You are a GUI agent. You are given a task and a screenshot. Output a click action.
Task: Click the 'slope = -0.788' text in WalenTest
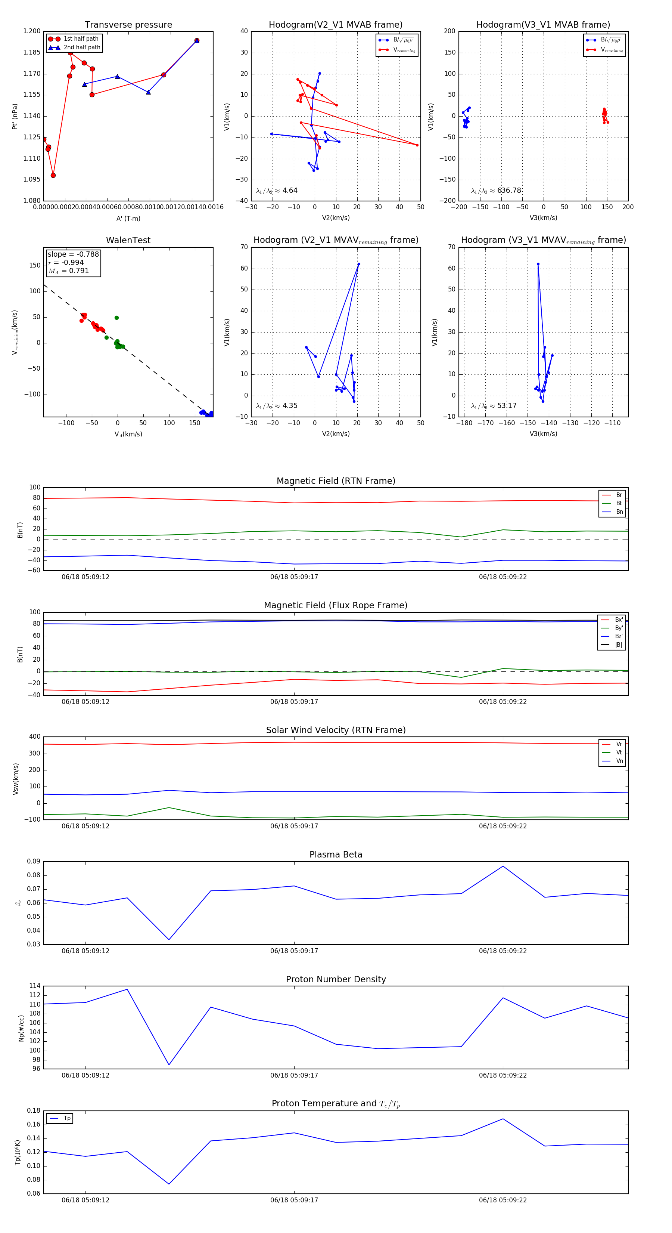(73, 254)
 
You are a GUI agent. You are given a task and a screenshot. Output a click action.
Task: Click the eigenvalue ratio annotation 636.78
(509, 191)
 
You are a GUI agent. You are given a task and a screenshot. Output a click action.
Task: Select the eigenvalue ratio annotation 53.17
(507, 406)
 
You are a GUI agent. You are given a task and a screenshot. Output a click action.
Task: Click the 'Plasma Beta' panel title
(336, 855)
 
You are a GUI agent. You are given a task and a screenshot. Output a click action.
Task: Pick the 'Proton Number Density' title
(336, 979)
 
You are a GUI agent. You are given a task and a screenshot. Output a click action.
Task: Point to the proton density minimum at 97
(169, 1065)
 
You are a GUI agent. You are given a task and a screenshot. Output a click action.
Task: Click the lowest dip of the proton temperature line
(169, 1184)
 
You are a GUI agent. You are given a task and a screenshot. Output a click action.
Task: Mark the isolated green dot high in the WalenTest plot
(117, 318)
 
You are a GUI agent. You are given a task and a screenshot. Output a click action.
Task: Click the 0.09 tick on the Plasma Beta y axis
(34, 862)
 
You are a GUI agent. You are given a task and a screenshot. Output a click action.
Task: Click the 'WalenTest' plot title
(128, 240)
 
